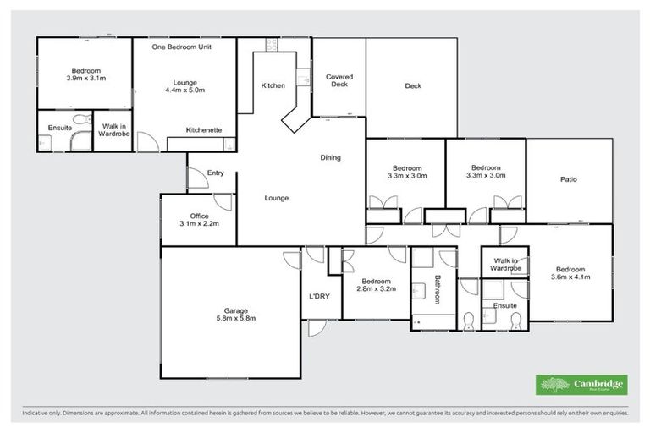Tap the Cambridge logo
[x=582, y=385]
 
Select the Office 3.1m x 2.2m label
[x=200, y=220]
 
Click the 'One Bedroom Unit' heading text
[x=181, y=47]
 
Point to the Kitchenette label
[x=204, y=129]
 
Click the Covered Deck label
[x=339, y=80]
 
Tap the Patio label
[x=568, y=179]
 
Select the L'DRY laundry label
[x=319, y=295]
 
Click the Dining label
[x=330, y=157]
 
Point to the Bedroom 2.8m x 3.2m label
[x=376, y=285]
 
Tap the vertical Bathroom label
[x=438, y=288]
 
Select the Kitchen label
[x=273, y=85]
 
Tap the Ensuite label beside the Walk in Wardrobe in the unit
[x=59, y=127]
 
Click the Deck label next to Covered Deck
[x=412, y=85]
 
